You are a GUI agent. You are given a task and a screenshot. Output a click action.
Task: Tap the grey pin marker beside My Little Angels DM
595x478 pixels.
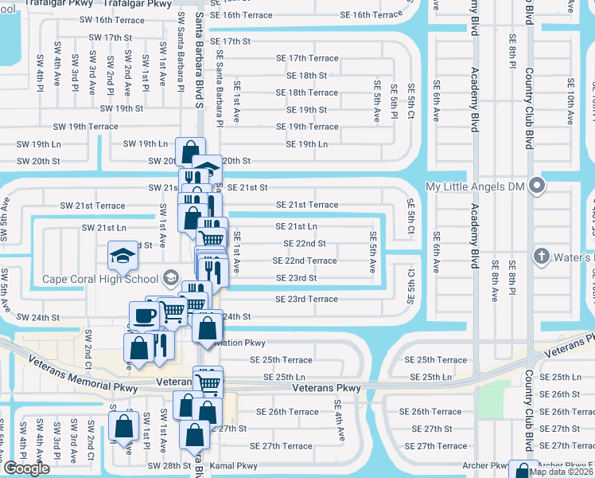click(537, 186)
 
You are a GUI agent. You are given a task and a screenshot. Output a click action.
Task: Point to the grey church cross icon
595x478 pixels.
click(542, 257)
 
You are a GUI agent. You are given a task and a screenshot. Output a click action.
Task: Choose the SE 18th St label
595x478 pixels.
click(307, 76)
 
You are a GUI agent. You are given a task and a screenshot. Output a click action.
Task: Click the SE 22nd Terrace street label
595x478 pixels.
click(305, 261)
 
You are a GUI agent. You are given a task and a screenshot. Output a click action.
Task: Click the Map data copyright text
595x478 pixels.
click(562, 472)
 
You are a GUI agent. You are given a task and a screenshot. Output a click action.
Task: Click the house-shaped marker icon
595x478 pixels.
click(206, 169)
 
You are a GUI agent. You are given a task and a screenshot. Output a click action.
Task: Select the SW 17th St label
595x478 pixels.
click(110, 37)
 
